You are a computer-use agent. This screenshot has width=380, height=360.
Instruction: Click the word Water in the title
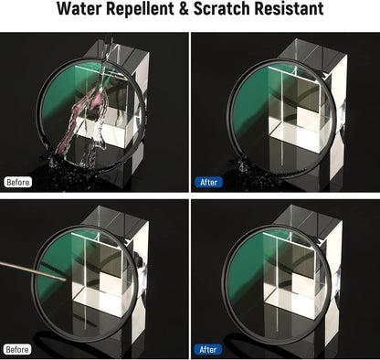tap(80, 11)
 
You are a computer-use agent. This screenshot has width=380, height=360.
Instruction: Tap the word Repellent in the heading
tap(145, 11)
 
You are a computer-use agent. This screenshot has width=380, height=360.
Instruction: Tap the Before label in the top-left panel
tap(18, 182)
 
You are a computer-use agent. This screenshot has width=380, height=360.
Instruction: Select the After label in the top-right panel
tap(209, 182)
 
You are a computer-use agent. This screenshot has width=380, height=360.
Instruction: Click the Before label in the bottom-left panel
tap(18, 348)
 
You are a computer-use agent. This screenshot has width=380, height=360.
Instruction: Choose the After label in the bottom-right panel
tap(209, 348)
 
